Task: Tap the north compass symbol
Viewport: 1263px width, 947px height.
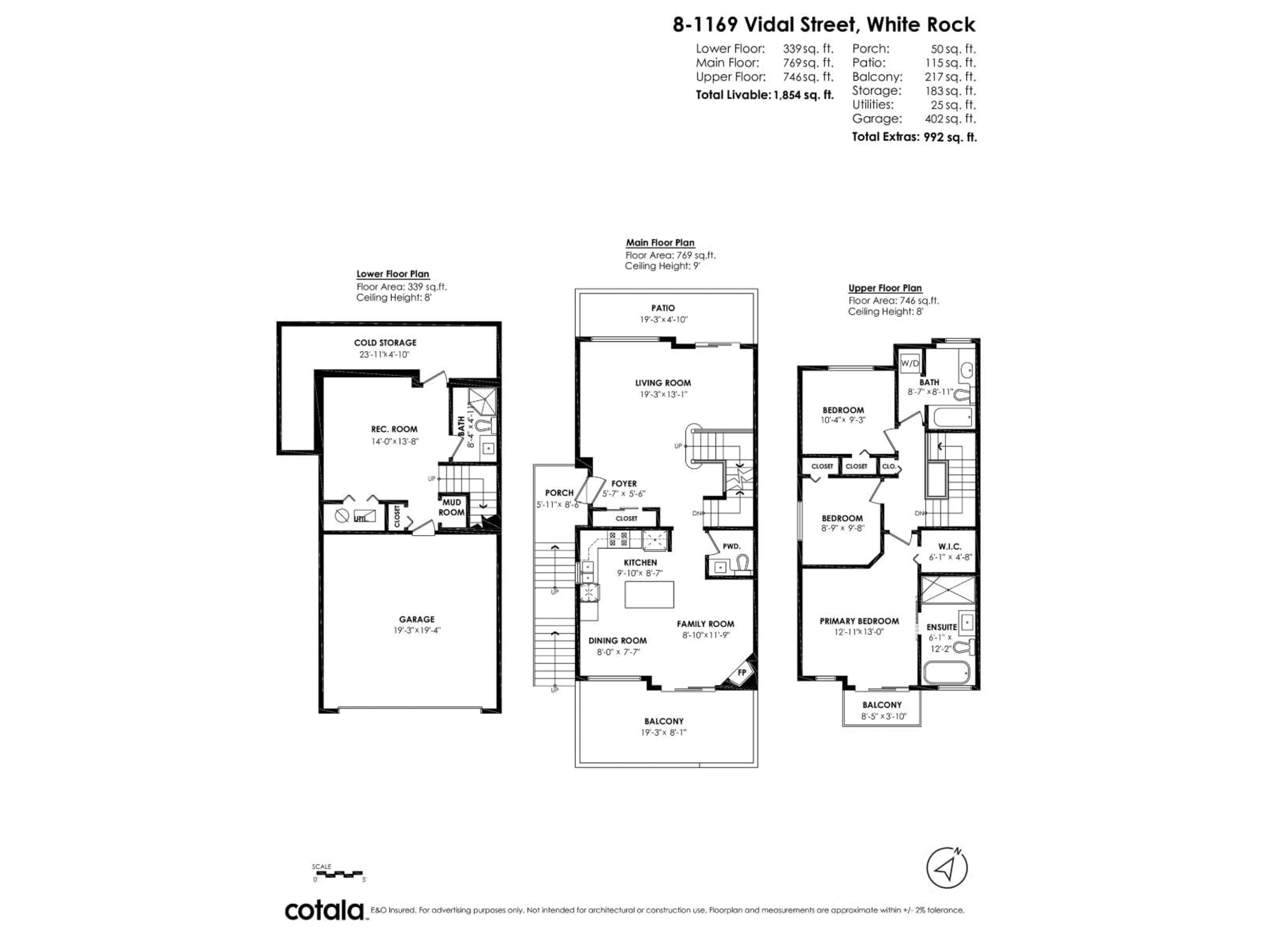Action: (947, 868)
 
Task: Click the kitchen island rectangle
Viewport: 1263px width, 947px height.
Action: (649, 594)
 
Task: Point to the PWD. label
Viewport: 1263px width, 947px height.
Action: (731, 546)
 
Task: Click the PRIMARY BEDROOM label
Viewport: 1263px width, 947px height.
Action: (859, 621)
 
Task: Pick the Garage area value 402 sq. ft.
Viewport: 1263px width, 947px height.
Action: (950, 119)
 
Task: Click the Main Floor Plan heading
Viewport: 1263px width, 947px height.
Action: (660, 243)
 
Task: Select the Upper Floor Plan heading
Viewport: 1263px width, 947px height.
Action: (885, 288)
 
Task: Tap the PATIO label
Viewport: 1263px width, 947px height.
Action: (663, 308)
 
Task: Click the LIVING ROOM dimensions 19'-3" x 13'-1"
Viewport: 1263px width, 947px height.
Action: (663, 395)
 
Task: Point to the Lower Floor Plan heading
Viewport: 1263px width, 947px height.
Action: (393, 274)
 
